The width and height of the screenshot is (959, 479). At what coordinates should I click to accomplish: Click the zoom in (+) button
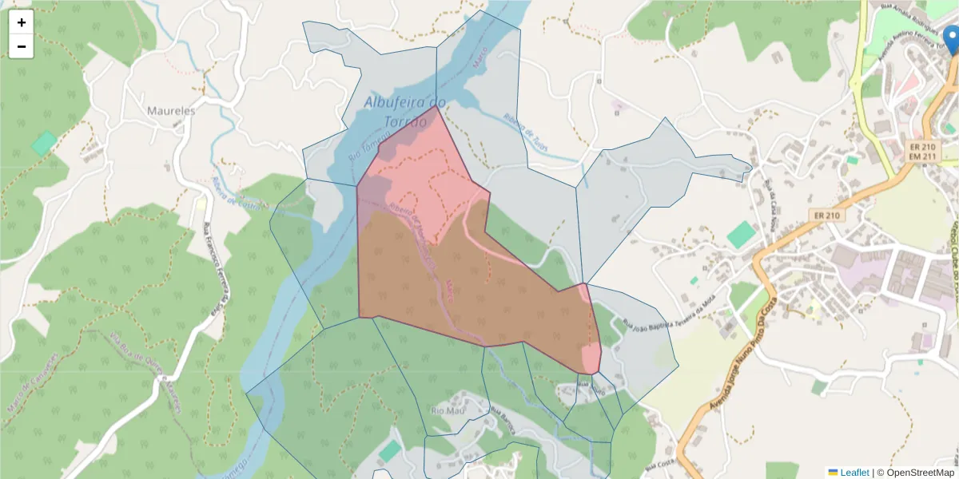22,22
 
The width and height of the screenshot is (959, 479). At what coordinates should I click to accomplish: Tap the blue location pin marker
951,40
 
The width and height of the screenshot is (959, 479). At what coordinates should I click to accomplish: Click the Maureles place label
171,111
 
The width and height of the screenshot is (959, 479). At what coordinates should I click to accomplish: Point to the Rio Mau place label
448,410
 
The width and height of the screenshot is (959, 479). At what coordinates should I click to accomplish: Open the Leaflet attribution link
854,473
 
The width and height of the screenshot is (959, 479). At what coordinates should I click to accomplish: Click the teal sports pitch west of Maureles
44,143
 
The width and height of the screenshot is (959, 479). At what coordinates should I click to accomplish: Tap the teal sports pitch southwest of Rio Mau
390,450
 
